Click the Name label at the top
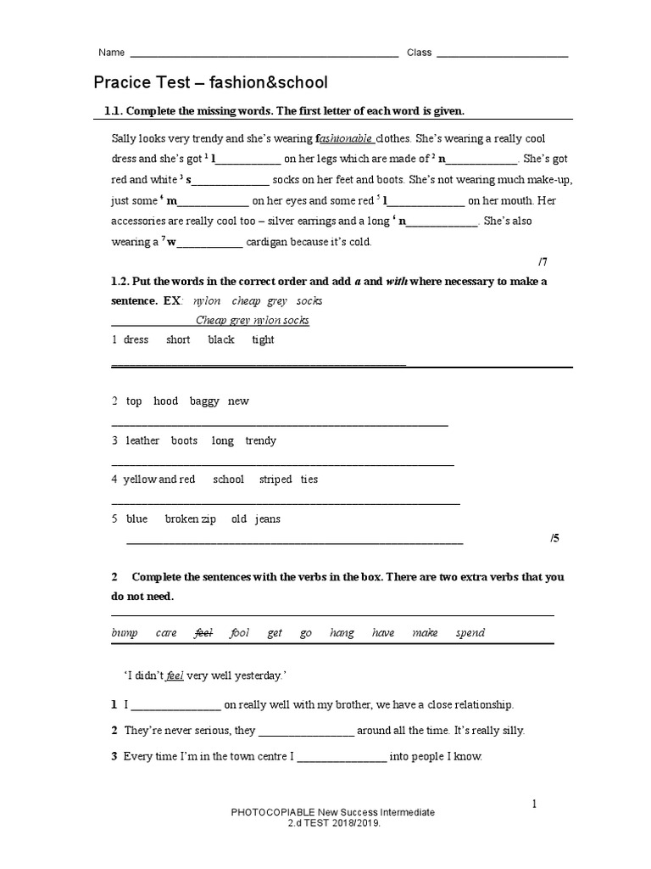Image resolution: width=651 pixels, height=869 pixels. (x=112, y=53)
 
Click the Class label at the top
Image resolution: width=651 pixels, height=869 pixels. (x=419, y=53)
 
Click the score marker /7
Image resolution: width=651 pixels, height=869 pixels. (x=543, y=261)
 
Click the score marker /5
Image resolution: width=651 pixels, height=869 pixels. (x=554, y=538)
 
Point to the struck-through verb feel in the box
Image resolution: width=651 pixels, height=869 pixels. (x=203, y=633)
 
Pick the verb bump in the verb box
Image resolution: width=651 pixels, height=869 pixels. (x=125, y=633)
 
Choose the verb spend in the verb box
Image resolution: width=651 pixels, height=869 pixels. (x=470, y=633)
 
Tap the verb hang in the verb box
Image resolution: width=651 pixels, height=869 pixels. (x=342, y=633)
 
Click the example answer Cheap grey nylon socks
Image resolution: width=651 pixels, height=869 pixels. (x=253, y=320)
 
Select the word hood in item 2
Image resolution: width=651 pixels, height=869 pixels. (x=165, y=401)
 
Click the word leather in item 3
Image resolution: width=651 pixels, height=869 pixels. (x=142, y=440)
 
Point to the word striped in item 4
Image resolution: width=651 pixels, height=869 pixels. (x=275, y=479)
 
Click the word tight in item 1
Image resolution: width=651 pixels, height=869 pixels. (x=263, y=339)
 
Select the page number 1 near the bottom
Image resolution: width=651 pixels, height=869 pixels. (x=534, y=804)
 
